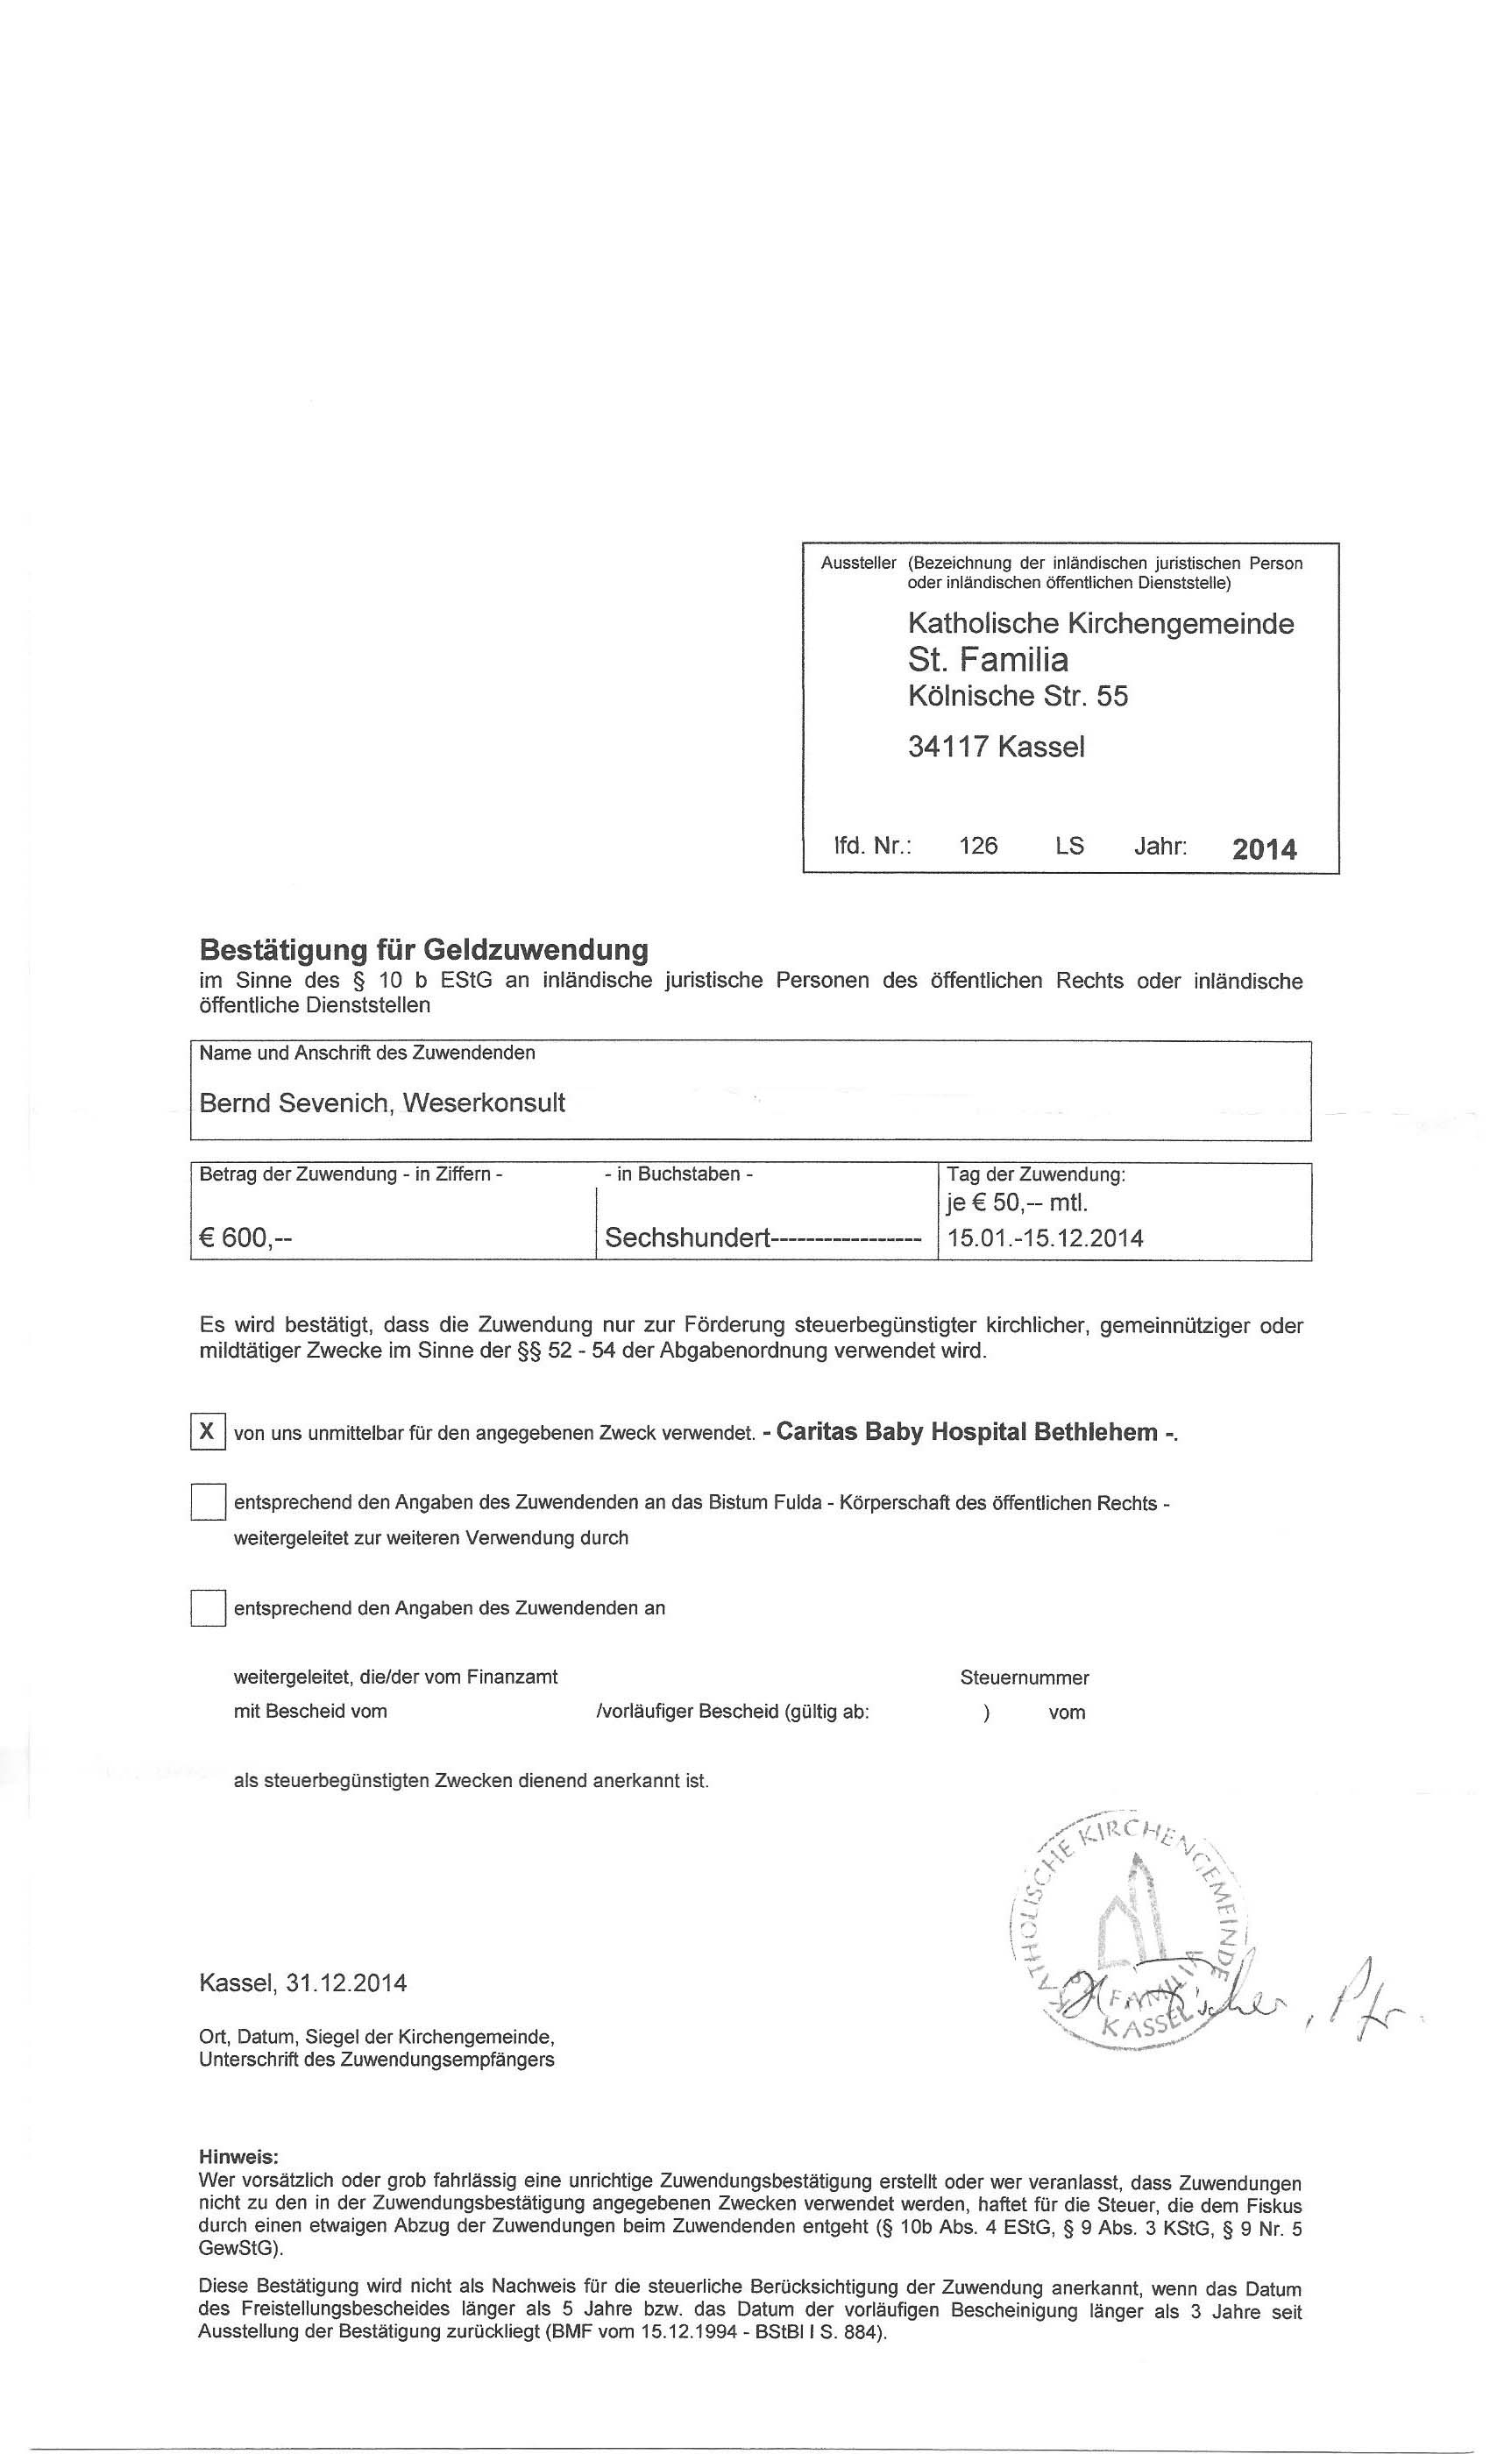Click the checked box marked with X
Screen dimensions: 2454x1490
207,1431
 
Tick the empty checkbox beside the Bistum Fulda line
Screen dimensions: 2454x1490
207,1502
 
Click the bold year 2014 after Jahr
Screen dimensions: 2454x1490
1264,849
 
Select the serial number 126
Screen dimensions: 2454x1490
977,846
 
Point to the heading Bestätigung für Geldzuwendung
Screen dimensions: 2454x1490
424,949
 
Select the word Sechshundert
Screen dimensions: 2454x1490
688,1238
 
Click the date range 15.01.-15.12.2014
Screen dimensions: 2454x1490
1045,1238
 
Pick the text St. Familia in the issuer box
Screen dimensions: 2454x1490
988,659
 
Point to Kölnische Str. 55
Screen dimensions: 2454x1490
1017,695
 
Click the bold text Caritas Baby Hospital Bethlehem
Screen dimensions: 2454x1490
966,1432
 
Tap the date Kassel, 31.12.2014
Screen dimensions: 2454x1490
302,1982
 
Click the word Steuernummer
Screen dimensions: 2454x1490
1024,1677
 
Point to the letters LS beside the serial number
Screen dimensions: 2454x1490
1069,846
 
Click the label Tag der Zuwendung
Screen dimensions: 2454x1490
1036,1174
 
